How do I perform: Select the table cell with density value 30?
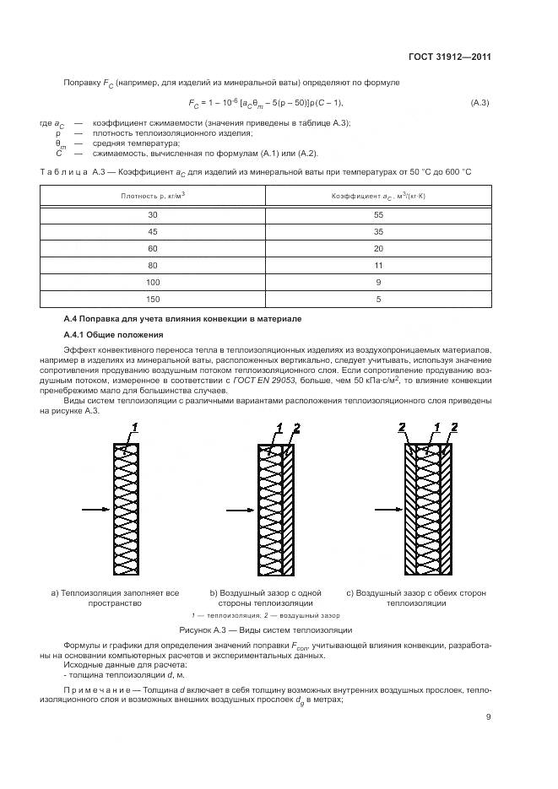[x=153, y=215]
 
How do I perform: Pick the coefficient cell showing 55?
[x=379, y=215]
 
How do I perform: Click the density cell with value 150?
[x=153, y=299]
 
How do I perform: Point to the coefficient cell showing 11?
[x=379, y=265]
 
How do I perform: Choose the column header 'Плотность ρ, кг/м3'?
[x=153, y=195]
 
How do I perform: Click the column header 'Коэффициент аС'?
[x=379, y=195]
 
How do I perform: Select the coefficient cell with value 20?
[x=379, y=248]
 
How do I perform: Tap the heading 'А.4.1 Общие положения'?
[x=107, y=334]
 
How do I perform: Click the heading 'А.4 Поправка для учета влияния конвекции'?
[x=181, y=318]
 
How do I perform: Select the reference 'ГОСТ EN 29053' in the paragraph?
[x=257, y=381]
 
